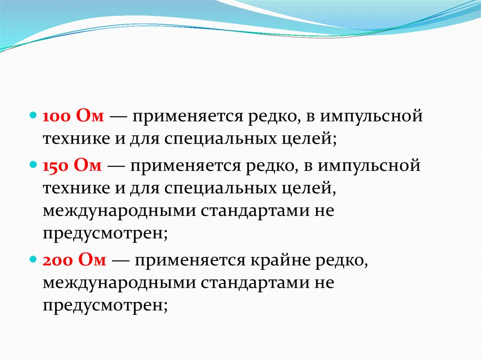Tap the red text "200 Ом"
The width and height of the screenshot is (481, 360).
click(75, 261)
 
